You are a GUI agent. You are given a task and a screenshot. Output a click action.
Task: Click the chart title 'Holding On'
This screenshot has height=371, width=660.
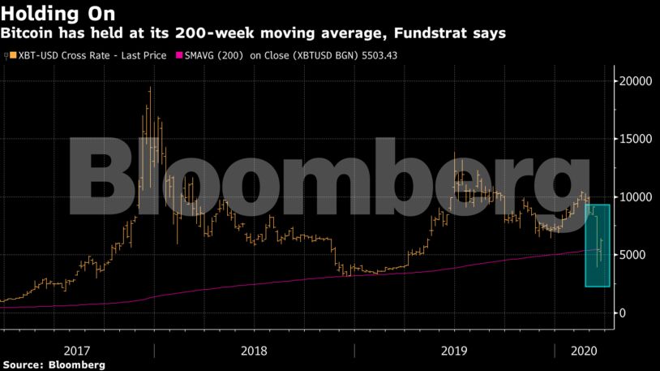[58, 14]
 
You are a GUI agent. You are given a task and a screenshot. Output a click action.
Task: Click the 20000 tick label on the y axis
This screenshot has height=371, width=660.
[636, 81]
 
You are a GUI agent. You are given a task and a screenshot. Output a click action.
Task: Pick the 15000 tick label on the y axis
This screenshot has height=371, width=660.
[636, 139]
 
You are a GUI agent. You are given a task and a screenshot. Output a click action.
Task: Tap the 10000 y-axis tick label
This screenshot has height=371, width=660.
[636, 197]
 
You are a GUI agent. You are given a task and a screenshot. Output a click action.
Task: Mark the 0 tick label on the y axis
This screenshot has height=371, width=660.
[624, 313]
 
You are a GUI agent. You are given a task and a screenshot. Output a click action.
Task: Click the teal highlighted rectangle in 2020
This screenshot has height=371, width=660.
[598, 245]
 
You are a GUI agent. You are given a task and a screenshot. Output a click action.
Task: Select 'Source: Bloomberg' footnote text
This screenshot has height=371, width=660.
[54, 365]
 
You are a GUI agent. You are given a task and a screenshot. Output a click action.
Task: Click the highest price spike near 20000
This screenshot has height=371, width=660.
[150, 89]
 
